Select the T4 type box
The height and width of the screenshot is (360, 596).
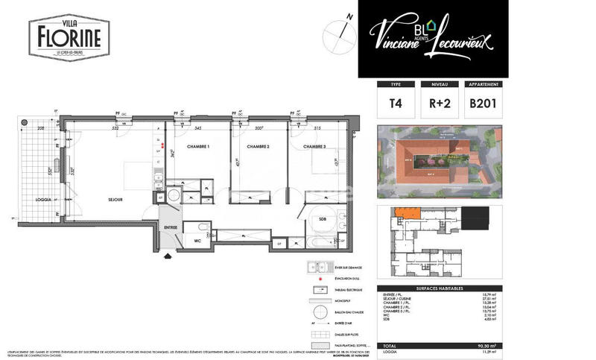pos(395,104)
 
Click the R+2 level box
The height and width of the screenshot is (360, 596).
pos(439,104)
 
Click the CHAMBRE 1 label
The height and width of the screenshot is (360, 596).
pos(198,147)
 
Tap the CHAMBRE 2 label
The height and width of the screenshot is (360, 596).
pos(258,147)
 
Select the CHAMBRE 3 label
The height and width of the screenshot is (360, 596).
pos(317,147)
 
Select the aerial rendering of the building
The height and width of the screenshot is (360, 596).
pos(440,162)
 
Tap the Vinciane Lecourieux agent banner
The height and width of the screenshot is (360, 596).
pos(434,38)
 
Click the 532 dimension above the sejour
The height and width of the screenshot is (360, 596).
pos(116,127)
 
